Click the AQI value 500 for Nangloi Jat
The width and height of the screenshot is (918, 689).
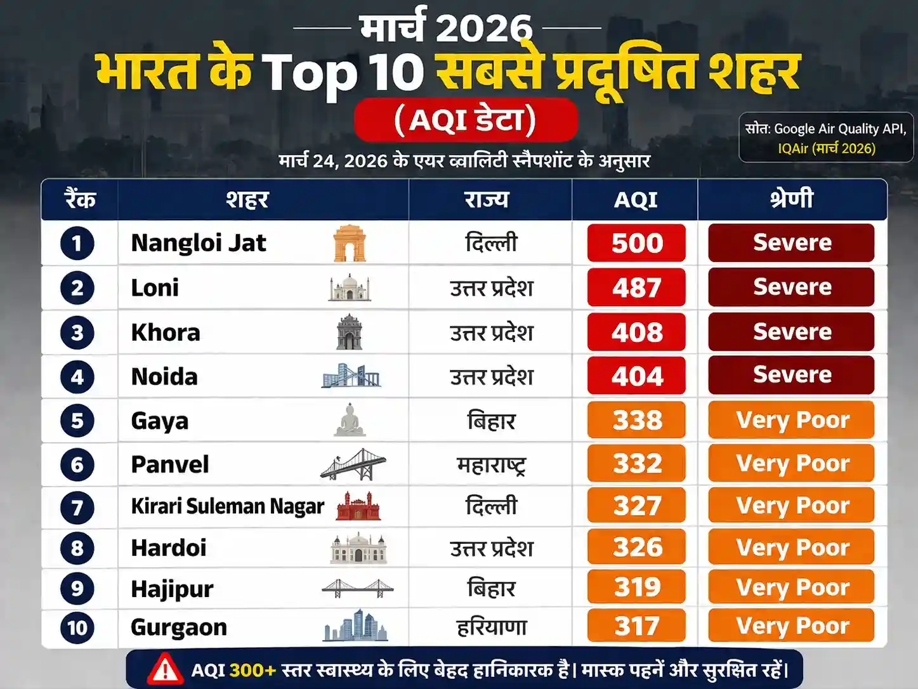(x=636, y=243)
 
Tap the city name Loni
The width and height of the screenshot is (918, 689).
(x=155, y=288)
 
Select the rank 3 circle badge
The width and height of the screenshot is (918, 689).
(x=77, y=332)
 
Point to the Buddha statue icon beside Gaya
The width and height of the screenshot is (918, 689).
(x=350, y=420)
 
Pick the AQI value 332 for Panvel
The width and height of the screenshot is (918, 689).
(x=636, y=464)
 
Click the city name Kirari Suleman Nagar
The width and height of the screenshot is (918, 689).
(x=227, y=506)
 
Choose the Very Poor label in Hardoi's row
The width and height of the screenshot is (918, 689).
(x=792, y=548)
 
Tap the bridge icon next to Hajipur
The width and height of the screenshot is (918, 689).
(x=357, y=588)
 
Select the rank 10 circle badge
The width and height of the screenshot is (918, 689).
(x=77, y=628)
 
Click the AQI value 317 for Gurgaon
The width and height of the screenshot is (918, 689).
(x=636, y=627)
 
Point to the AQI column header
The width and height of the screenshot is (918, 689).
(x=635, y=200)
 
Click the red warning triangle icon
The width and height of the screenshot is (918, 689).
(x=165, y=669)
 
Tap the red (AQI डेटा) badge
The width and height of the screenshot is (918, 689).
(x=465, y=120)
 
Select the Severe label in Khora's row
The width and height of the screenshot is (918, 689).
(x=792, y=332)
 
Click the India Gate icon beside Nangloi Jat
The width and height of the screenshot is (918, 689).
(x=350, y=244)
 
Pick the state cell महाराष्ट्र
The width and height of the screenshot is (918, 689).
(x=491, y=465)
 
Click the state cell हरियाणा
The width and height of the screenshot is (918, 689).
(x=492, y=627)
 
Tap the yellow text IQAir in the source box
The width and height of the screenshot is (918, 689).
(x=794, y=148)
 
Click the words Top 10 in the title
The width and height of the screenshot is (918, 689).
(x=343, y=72)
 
